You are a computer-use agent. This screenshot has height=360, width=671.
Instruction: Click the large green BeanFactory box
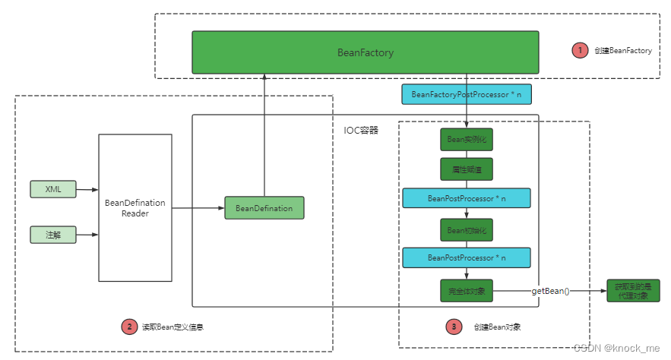click(x=365, y=52)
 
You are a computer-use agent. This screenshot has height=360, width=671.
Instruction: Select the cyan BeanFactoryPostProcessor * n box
click(x=466, y=94)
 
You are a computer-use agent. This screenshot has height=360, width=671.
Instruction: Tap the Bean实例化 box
click(x=466, y=140)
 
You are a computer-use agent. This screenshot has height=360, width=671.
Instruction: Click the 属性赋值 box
click(x=466, y=169)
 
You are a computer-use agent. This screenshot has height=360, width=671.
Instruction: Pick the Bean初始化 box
click(x=466, y=229)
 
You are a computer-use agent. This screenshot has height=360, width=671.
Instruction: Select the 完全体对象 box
click(x=466, y=290)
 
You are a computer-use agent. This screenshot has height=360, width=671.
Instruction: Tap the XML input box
click(x=53, y=189)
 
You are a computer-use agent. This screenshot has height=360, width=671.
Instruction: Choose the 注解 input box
click(x=53, y=234)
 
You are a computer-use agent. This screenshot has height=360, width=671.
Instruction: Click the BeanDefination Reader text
click(x=135, y=207)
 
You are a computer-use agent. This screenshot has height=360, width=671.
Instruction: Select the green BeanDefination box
click(x=264, y=208)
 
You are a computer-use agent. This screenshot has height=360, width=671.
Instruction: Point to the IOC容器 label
click(x=361, y=130)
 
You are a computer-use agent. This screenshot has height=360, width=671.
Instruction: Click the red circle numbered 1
click(x=580, y=50)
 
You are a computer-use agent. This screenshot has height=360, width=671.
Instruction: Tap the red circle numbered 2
click(x=129, y=327)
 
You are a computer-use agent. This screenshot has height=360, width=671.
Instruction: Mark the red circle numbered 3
click(x=454, y=327)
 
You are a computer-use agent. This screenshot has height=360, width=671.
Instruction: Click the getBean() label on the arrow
click(x=550, y=290)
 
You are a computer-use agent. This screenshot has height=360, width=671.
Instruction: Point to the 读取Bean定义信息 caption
click(x=172, y=327)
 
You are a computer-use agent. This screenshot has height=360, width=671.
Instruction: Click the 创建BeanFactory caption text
click(x=625, y=51)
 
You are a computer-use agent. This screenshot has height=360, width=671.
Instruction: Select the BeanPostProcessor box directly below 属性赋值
click(x=466, y=198)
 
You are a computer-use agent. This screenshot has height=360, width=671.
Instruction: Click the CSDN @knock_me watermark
click(x=619, y=347)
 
